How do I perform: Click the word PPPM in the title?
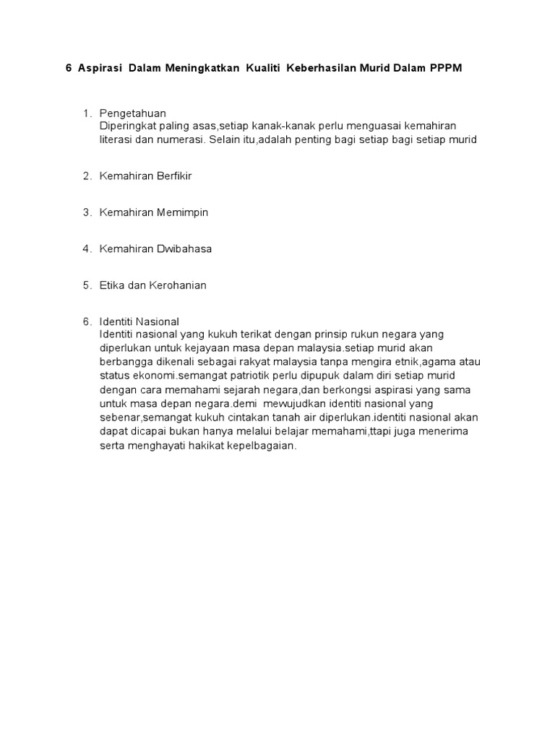tap(447, 68)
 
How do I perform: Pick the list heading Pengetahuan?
tap(133, 113)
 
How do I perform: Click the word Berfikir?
tap(171, 176)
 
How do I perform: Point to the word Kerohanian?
tap(178, 285)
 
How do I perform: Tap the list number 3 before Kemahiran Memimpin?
tap(87, 212)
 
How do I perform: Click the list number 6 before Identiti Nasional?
tap(87, 322)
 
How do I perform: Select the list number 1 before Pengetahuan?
tap(87, 113)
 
